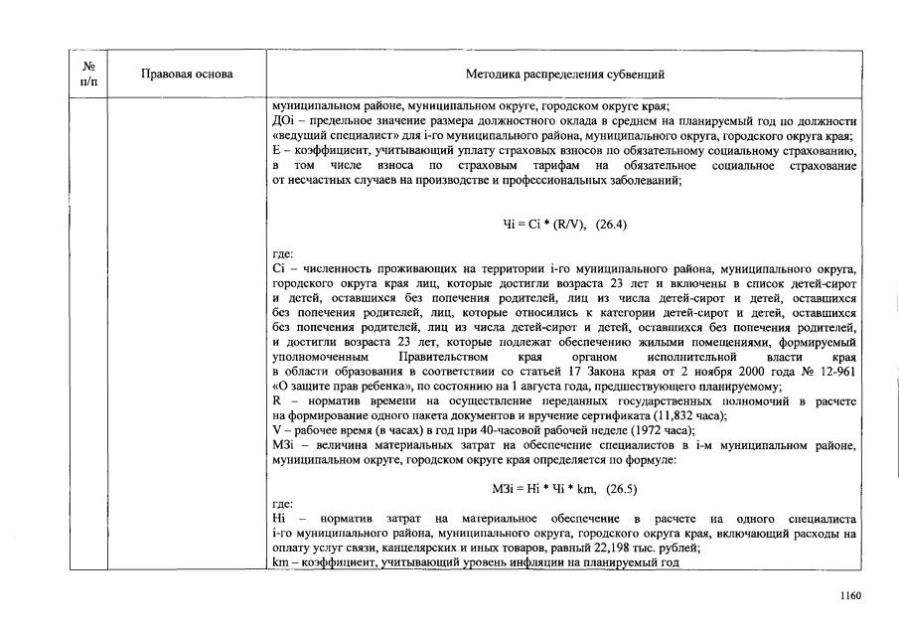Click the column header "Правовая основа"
pos(187,74)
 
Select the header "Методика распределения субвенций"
pos(565,74)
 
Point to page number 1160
pos(849,596)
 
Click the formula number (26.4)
pos(608,224)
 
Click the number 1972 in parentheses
pos(651,430)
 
